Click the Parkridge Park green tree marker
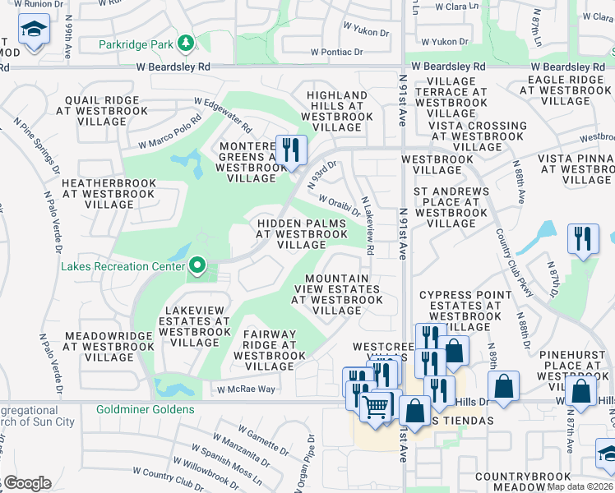point(187,43)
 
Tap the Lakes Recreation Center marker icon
point(197,265)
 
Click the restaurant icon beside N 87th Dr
point(583,239)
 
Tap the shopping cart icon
point(376,405)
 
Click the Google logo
point(27,483)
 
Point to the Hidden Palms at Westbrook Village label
point(302,233)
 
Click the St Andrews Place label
point(451,207)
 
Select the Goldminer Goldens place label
point(145,409)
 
